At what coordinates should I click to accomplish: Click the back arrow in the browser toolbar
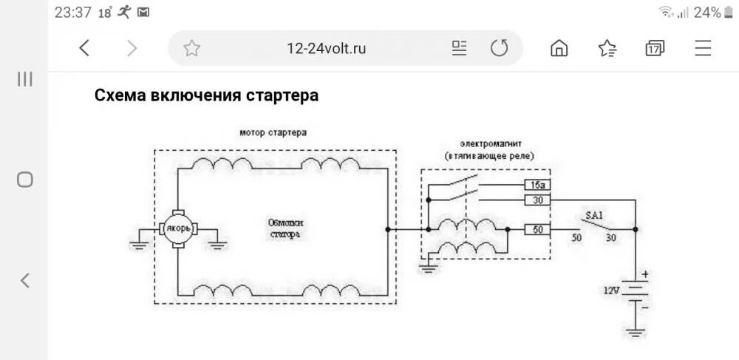pos(84,49)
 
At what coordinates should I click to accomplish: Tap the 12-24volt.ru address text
pos(326,49)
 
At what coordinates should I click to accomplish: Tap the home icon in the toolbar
pos(559,49)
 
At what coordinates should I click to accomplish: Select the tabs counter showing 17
pos(654,49)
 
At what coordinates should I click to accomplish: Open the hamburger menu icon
pos(703,49)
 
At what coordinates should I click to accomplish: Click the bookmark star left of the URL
pos(191,49)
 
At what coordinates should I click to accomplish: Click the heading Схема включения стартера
pos(206,95)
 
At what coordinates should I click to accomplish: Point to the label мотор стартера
pos(273,132)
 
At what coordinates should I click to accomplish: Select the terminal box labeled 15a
pos(538,185)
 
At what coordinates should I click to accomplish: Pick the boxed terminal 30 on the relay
pos(538,200)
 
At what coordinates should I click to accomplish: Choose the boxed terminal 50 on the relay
pos(538,230)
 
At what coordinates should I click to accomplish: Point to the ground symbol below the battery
pos(636,332)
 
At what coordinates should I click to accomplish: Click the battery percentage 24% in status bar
pos(707,13)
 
